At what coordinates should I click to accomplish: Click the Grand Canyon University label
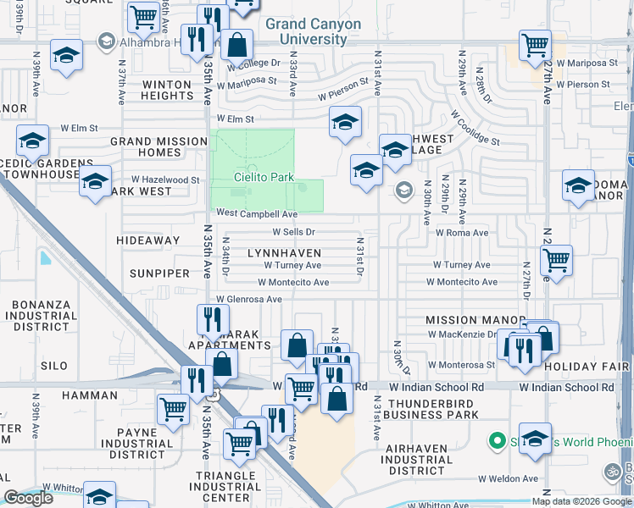pos(313,31)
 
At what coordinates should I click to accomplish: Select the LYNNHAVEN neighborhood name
pos(284,253)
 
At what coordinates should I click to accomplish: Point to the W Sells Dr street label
pos(293,231)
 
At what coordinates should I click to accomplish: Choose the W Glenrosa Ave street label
pos(248,299)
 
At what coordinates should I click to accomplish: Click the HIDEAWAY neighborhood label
pos(148,240)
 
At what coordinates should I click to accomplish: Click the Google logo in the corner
pos(30,498)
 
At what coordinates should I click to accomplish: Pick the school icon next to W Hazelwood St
pos(95,180)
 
